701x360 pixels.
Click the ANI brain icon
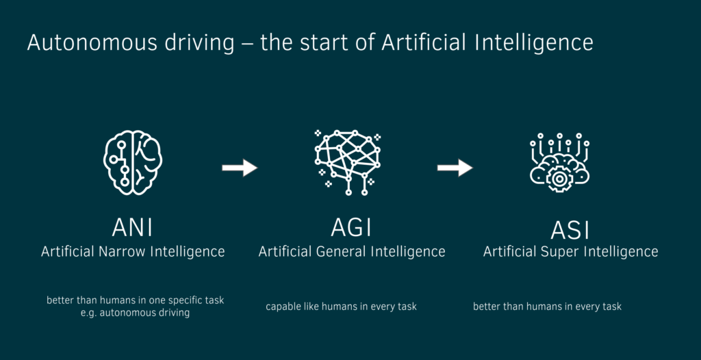point(133,163)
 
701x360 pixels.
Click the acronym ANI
point(132,227)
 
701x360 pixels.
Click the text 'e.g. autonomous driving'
point(135,313)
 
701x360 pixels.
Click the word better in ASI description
point(487,307)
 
